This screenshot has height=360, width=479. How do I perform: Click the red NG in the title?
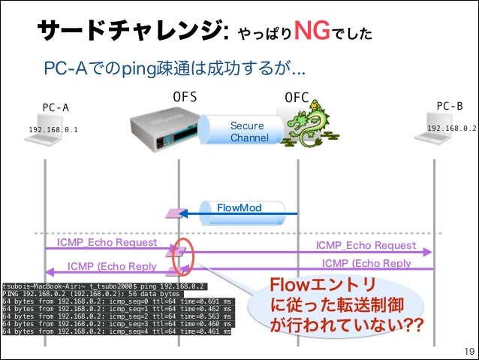coord(315,31)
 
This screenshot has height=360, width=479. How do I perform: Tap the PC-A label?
coord(56,107)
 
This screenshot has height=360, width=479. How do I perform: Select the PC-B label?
coord(450,106)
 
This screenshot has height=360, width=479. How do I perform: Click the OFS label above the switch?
coord(185,97)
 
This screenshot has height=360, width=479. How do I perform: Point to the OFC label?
coord(297,98)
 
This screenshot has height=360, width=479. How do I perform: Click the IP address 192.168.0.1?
coord(53,130)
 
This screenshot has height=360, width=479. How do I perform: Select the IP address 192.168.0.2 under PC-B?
coord(451,129)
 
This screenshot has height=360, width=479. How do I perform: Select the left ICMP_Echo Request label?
coord(107,243)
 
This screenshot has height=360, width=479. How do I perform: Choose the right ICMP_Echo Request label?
coord(366,246)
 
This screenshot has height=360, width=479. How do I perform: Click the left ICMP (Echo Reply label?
coord(112,266)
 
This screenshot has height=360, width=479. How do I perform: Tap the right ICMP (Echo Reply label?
coord(366,263)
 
